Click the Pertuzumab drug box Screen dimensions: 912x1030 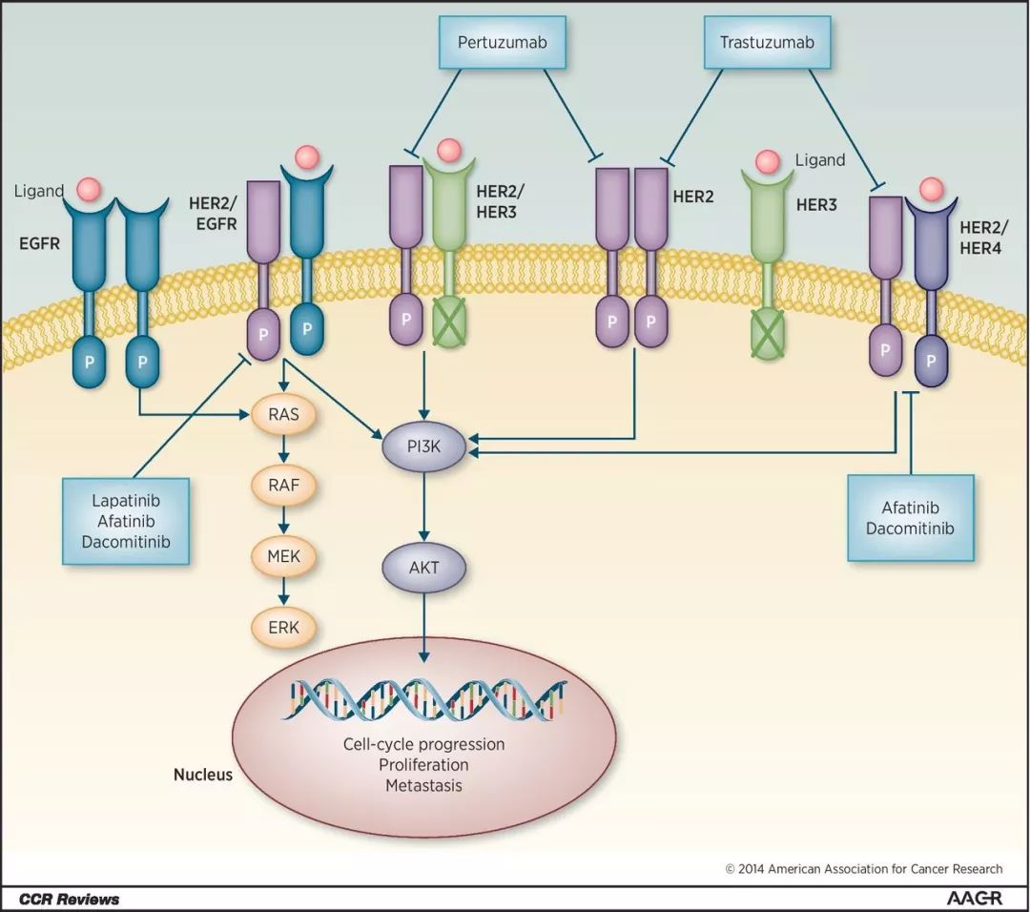tap(503, 43)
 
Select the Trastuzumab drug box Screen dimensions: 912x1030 tap(772, 43)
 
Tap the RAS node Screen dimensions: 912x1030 tap(283, 415)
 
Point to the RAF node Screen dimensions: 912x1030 tap(283, 485)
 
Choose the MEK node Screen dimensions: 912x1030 tap(283, 554)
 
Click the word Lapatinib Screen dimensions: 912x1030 tap(126, 501)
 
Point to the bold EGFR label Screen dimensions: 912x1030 tap(40, 243)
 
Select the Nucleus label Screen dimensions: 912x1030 tap(202, 775)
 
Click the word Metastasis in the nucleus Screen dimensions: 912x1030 tap(423, 786)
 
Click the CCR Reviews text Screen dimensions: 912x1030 tap(70, 899)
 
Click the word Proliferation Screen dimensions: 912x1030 tap(423, 765)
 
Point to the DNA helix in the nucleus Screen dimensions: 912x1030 tap(423, 700)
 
